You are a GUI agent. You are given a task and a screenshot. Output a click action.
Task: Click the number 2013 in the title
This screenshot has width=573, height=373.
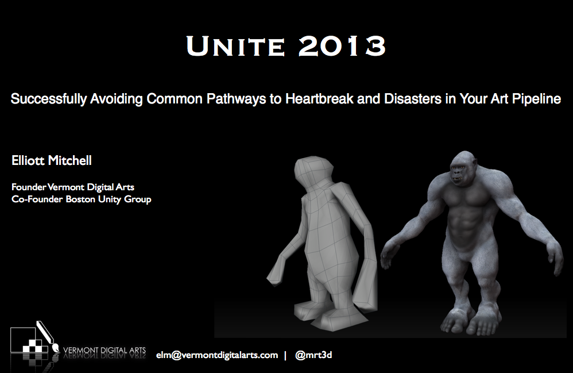point(342,46)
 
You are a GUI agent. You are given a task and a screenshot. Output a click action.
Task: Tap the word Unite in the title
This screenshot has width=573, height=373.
point(235,46)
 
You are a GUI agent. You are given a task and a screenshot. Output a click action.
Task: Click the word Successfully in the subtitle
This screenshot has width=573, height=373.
point(49,99)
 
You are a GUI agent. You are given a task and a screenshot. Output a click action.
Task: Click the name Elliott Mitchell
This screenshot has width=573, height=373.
point(52,160)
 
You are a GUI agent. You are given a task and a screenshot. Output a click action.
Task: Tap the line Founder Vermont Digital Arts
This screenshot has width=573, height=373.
point(73,187)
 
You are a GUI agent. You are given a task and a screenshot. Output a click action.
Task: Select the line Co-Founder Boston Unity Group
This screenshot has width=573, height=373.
point(81,199)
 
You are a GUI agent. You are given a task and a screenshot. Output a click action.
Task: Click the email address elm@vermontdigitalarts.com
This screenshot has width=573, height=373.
point(217,355)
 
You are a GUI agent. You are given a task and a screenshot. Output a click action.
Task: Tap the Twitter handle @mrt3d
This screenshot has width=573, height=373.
point(313,355)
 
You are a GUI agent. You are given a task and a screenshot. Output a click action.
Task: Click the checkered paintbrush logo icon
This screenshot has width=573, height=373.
point(34,339)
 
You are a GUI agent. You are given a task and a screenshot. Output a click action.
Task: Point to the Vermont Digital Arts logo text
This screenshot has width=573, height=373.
point(104,351)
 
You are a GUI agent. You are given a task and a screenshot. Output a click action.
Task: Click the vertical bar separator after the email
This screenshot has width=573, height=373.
point(285,355)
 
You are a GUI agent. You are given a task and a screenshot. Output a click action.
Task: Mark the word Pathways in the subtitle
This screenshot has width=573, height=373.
point(236,99)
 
